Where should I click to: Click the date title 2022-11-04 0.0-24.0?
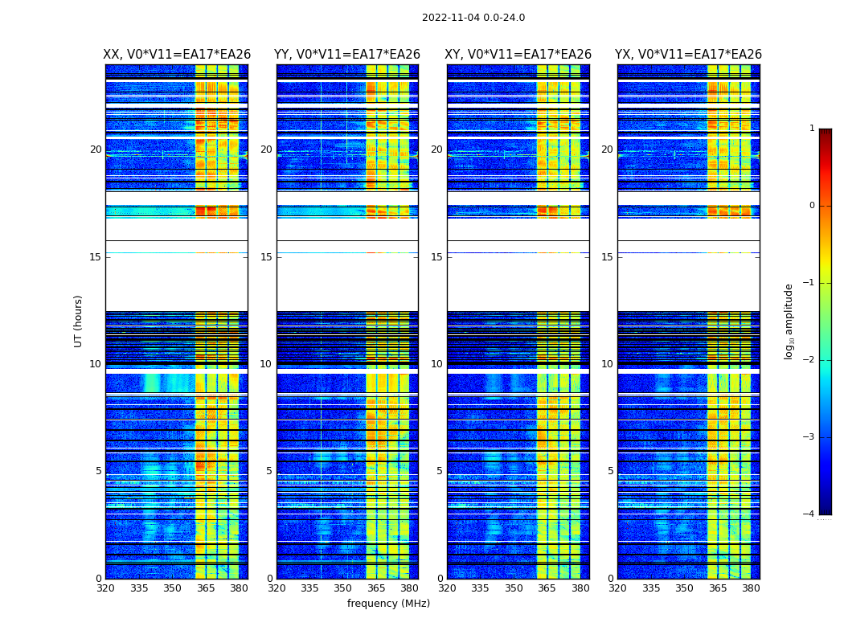point(473,18)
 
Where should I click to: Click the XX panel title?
point(177,55)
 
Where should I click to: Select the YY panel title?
point(347,55)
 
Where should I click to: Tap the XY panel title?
point(518,55)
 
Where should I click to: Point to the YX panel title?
point(688,55)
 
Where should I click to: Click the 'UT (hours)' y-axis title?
point(78,321)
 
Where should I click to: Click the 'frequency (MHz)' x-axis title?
point(388,604)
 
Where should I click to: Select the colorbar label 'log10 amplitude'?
point(789,321)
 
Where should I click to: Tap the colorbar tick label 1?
point(812,129)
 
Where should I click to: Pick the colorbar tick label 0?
point(812,206)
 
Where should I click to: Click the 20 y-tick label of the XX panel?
point(96,149)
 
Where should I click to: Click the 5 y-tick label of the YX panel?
point(610,471)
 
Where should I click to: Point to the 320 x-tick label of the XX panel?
point(105,588)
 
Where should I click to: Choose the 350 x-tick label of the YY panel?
point(343,588)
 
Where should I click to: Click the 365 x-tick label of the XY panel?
point(547,588)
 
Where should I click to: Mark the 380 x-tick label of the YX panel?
point(751,588)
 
